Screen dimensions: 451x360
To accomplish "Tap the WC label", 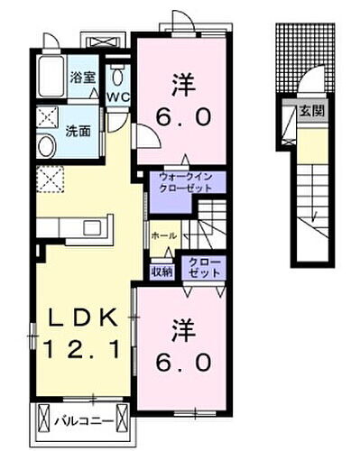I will coord(118,97).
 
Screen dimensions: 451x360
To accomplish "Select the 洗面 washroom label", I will coord(77,130).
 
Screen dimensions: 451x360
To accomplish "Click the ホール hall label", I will coord(163,235).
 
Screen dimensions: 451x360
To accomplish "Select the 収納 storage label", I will coord(162,269).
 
